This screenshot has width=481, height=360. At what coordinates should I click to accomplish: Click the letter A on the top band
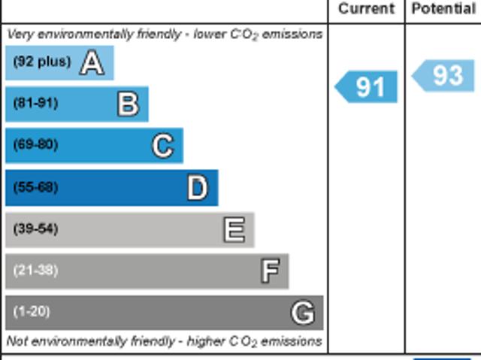coord(91,62)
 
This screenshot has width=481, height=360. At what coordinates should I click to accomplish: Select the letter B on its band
coord(129,104)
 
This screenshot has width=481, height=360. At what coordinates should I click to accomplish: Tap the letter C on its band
coord(162,145)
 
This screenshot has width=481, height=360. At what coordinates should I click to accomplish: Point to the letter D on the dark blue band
coord(197,188)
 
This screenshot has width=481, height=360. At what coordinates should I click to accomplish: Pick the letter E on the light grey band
coord(234,229)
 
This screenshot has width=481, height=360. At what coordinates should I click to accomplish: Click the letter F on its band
coord(269,271)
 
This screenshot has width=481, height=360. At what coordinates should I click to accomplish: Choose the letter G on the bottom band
coord(303,312)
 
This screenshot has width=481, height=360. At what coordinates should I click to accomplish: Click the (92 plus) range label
coord(42,62)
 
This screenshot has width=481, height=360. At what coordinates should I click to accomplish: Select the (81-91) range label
coord(35,103)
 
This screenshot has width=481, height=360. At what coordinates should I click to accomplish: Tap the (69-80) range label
coord(35,144)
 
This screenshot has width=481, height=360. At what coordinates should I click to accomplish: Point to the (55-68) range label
coord(35,187)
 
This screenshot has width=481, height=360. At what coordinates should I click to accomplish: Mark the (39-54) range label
coord(35,228)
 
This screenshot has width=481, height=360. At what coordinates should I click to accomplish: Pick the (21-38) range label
coord(35,270)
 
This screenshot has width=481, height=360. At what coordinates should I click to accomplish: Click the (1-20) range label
coord(32,311)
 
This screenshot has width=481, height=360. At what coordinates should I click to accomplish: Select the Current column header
coord(366,9)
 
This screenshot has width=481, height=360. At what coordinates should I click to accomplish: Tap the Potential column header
coord(443,9)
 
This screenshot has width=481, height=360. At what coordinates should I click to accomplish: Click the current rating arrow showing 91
coord(367,87)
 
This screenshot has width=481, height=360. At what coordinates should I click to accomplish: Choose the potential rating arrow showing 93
coord(445,75)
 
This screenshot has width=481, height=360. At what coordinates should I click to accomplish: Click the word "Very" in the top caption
coord(20,34)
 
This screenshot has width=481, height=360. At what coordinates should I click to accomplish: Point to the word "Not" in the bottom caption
coord(17,341)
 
